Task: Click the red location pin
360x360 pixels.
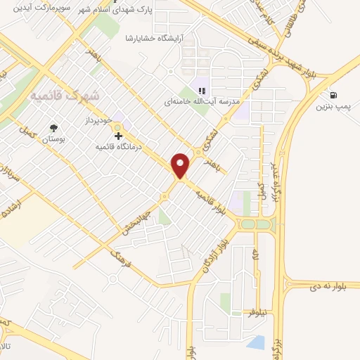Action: (181, 165)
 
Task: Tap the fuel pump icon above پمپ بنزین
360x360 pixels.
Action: (332, 95)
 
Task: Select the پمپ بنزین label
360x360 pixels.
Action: (333, 107)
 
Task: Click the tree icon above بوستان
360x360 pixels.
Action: (54, 128)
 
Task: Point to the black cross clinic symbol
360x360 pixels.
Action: (118, 136)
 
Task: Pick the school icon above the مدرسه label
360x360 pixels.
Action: (201, 90)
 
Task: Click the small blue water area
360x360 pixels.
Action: (256, 342)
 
